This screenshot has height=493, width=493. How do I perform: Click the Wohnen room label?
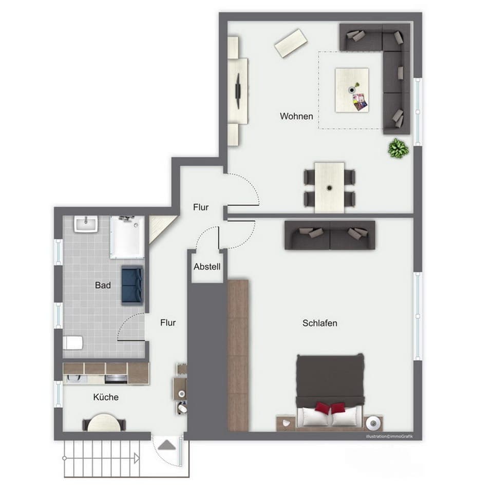click(296, 117)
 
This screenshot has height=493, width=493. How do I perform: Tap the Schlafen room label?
click(319, 323)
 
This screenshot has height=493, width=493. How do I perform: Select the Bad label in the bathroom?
click(103, 285)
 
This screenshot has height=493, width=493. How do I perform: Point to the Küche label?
click(106, 397)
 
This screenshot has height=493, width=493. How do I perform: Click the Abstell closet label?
click(207, 267)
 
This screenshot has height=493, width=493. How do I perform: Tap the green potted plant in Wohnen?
click(398, 149)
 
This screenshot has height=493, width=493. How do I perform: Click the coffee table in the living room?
click(352, 90)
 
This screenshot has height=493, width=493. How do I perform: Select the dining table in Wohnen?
click(329, 187)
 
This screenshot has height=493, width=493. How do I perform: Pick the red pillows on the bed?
click(330, 408)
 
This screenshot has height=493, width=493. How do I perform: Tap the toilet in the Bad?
click(72, 343)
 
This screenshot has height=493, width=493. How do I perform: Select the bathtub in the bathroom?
click(127, 236)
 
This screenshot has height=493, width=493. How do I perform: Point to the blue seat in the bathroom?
click(132, 286)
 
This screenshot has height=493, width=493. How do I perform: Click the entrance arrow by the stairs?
click(166, 445)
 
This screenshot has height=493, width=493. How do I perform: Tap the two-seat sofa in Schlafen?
click(330, 235)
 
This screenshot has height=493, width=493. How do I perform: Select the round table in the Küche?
click(104, 423)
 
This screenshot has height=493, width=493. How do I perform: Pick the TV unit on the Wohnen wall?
click(238, 90)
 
